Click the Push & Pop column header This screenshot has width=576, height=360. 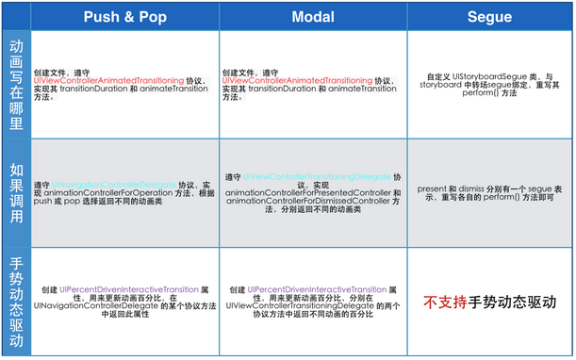click(124, 16)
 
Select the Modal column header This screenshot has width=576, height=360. click(313, 16)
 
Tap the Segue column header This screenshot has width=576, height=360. click(489, 16)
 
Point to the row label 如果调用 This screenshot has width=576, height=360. click(16, 192)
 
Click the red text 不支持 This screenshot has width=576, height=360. click(442, 303)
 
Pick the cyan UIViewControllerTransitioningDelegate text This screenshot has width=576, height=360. click(317, 177)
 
